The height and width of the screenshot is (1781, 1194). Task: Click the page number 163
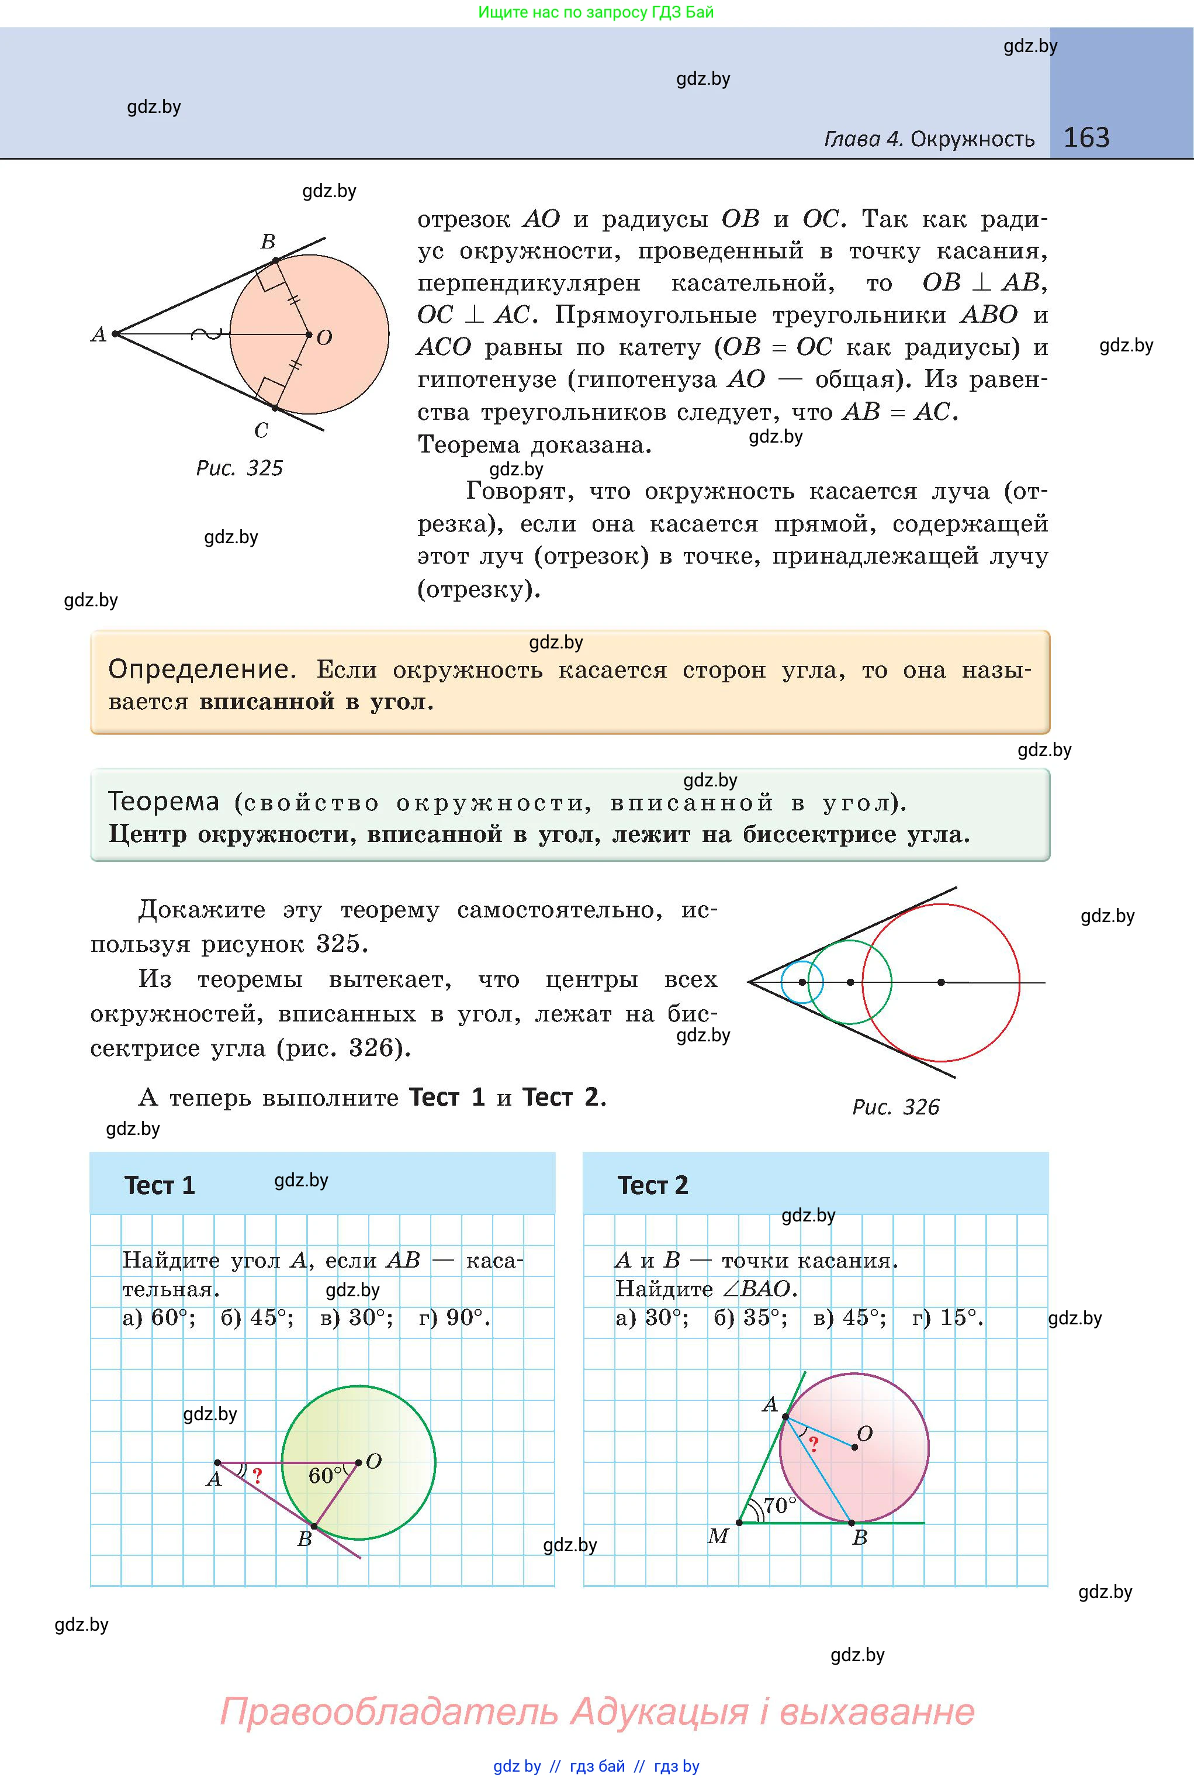point(1086,138)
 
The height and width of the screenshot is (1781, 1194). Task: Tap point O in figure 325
point(309,334)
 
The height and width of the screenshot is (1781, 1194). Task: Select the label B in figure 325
point(267,242)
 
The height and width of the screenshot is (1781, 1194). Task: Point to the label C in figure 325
point(261,431)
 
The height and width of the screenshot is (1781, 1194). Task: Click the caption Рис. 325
point(239,468)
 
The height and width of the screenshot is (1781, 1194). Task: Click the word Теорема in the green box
point(163,802)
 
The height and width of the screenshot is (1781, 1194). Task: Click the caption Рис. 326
point(895,1107)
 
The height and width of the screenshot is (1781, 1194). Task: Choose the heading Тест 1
point(160,1185)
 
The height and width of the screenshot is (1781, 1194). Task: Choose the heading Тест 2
point(653,1185)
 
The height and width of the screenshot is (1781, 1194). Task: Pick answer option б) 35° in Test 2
point(750,1318)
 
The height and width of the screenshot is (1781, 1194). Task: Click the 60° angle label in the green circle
point(325,1476)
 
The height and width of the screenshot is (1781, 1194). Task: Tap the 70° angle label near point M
point(779,1505)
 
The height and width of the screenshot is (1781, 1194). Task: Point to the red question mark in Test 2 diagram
point(814,1444)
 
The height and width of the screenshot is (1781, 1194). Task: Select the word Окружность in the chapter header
point(972,139)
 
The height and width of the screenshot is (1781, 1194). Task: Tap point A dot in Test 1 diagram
point(218,1462)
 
